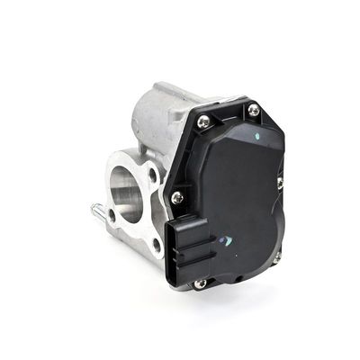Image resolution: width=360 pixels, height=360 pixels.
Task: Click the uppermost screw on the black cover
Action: click(254, 110)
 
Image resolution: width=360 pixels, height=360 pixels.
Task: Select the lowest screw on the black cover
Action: click(201, 283)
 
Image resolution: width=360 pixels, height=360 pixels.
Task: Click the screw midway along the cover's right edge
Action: click(279, 182)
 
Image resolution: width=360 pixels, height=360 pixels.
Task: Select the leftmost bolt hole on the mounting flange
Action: click(112, 215)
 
